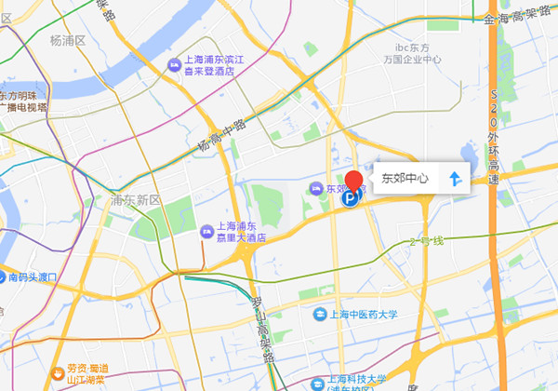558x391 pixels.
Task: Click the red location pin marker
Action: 353,181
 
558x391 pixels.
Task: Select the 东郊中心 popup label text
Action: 405,178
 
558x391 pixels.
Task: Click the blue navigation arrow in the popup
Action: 455,178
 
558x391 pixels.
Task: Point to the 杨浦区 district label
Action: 68,41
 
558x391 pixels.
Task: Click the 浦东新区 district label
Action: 136,200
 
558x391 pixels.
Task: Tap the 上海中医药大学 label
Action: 364,315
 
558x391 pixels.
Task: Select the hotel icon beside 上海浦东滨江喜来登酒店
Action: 174,64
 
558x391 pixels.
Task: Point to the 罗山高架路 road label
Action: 263,333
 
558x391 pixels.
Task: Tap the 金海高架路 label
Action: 519,19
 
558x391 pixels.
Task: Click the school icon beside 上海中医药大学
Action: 319,315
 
